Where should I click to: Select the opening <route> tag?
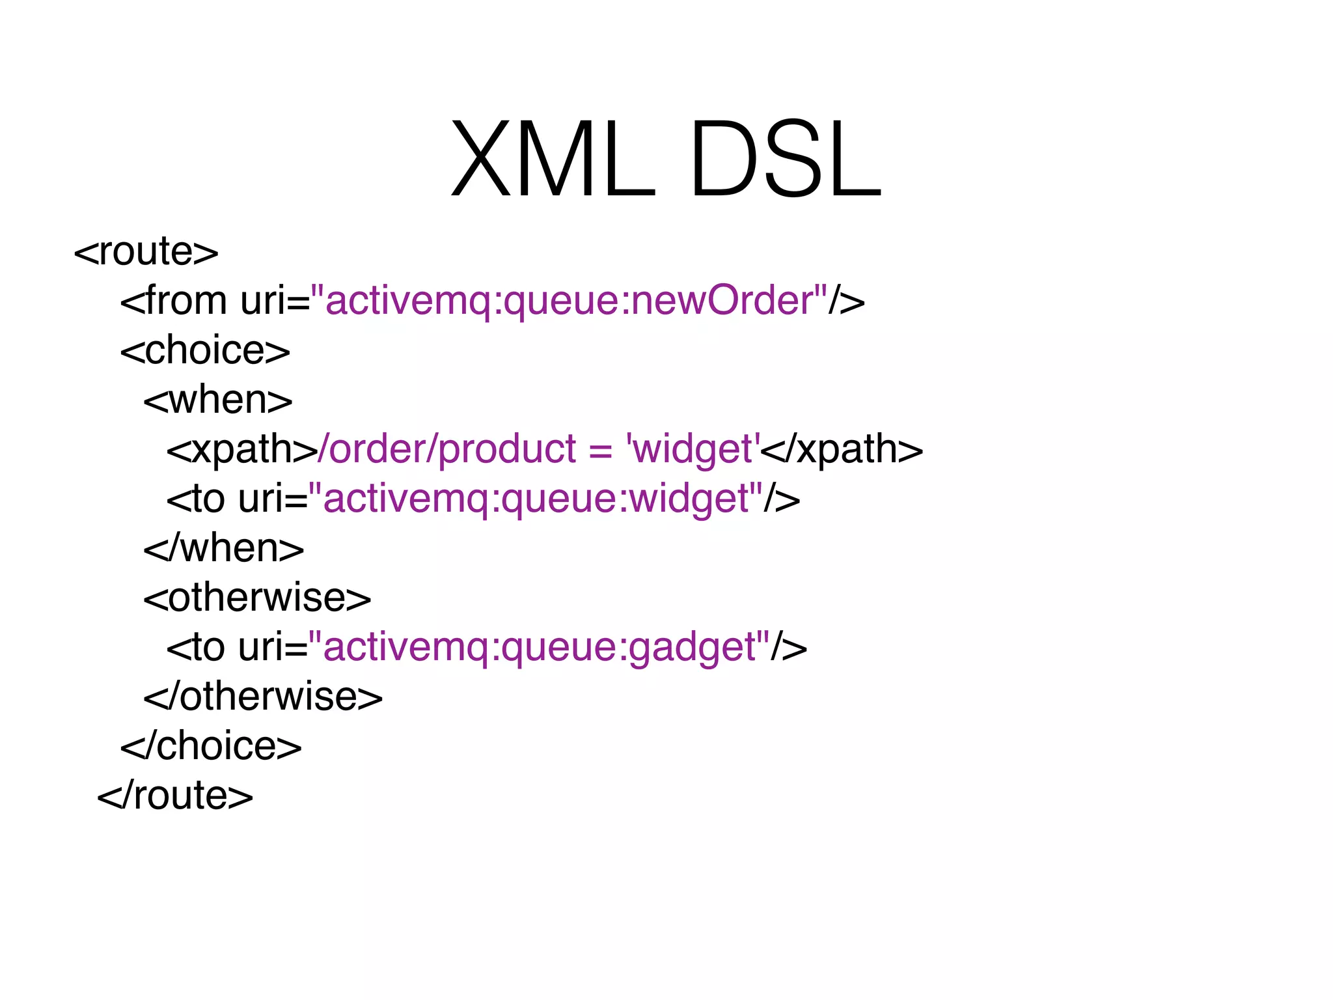click(x=146, y=252)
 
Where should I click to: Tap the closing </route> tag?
click(x=175, y=796)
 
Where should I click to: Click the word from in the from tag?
click(x=186, y=301)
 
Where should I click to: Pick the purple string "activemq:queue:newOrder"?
click(x=570, y=301)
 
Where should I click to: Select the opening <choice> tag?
click(x=205, y=351)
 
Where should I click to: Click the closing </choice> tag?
click(x=211, y=746)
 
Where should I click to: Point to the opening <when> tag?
click(x=218, y=400)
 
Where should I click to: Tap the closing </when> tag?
click(x=224, y=548)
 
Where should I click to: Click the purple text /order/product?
click(x=447, y=449)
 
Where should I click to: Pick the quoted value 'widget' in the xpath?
click(x=693, y=449)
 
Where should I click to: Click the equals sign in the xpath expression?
click(x=600, y=451)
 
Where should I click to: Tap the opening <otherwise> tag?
click(x=257, y=598)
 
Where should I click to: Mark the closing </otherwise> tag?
click(x=263, y=697)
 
